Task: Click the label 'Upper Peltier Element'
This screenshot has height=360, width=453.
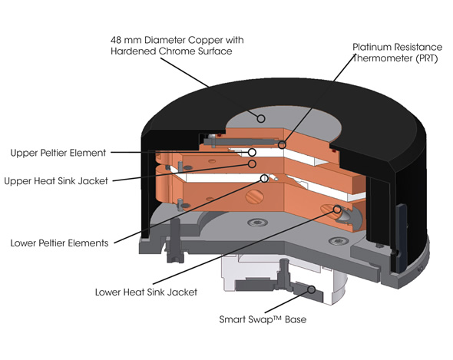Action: point(58,153)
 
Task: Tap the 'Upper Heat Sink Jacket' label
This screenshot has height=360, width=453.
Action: point(56,181)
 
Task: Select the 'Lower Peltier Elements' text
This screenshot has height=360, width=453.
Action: point(59,243)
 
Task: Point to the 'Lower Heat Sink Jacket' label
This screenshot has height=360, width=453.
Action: point(146,292)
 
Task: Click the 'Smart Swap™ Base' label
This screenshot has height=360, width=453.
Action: point(263,319)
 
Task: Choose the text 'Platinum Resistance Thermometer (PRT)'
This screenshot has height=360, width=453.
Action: point(397,53)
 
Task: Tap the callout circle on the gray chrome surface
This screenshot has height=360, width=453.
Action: point(261,118)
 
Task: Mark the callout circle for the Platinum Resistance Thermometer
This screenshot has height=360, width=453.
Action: point(282,145)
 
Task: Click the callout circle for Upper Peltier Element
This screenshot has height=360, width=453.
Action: point(252,152)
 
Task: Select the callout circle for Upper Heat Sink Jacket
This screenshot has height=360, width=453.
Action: point(252,164)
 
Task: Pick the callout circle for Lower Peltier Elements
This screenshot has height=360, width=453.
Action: point(264,178)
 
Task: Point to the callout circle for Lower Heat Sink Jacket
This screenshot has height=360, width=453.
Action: point(337,210)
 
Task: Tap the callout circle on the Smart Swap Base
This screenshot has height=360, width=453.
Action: point(311,289)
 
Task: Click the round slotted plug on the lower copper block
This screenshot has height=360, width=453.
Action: point(254,197)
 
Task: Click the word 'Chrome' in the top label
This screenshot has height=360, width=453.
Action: point(176,51)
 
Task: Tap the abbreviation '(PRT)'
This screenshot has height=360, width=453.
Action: point(427,58)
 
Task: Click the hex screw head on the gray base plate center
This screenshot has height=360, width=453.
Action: point(257,223)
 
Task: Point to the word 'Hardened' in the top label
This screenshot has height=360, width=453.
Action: point(133,51)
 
